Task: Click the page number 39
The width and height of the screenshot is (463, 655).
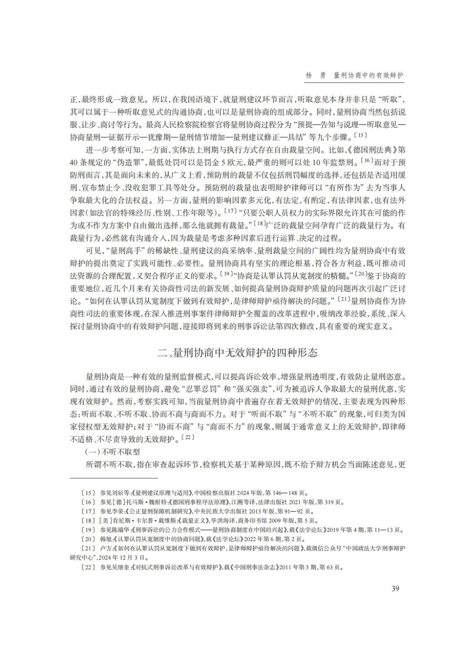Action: click(x=395, y=588)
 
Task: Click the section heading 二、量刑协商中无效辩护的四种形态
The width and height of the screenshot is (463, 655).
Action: click(x=238, y=353)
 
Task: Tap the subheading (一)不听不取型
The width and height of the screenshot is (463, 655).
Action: click(x=113, y=452)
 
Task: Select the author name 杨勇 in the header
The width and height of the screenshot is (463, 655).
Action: click(x=315, y=75)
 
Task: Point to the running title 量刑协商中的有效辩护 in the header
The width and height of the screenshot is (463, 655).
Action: click(x=368, y=75)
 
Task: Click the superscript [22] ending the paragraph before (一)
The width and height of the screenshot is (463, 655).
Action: click(x=187, y=437)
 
